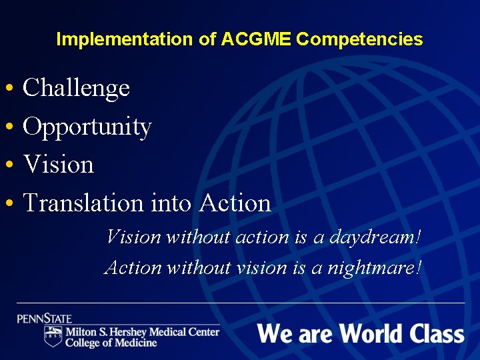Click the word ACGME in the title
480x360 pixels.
(x=255, y=39)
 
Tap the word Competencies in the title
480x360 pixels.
(x=359, y=39)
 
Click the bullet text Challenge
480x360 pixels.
(x=76, y=87)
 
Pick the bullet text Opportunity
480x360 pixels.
(x=87, y=127)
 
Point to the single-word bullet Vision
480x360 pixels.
(x=58, y=164)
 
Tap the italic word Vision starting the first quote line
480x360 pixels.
(x=133, y=237)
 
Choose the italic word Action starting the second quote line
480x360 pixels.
(x=133, y=267)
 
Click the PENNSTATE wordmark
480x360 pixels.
(x=45, y=319)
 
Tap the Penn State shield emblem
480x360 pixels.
(x=53, y=336)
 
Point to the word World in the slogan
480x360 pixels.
(x=367, y=333)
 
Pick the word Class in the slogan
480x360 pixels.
(x=437, y=333)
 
